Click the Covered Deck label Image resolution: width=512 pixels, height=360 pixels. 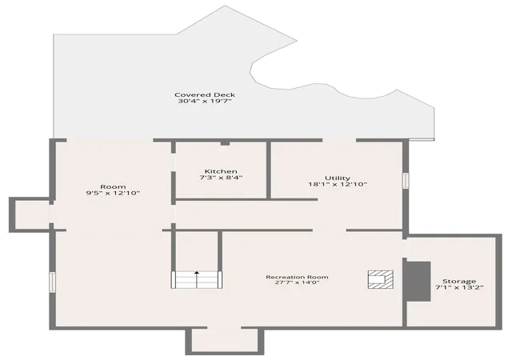pos(205,95)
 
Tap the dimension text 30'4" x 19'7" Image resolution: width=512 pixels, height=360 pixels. pos(205,102)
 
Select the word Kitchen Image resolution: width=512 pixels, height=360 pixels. pos(221,171)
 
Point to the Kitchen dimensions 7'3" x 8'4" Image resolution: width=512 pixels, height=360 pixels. pos(221,178)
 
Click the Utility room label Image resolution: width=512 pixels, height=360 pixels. pos(338,178)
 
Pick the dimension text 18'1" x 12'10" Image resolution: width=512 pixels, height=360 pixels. pos(338,184)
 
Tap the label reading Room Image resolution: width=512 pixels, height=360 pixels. pos(113,187)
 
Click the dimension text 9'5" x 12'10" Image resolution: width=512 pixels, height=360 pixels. pos(113,193)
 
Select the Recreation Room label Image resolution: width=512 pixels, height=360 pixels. pos(297,277)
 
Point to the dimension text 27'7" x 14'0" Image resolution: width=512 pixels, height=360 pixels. pos(297,282)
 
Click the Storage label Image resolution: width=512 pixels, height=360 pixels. pos(459,282)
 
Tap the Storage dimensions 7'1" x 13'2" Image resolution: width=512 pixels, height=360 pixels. pos(459,287)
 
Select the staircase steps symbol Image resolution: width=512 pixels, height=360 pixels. pos(197,280)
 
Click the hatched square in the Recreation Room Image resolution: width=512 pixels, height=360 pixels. pos(381,280)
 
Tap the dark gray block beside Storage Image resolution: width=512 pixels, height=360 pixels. pos(418,282)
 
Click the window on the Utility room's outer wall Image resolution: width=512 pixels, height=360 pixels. pos(406,180)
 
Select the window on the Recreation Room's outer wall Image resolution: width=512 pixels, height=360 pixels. pos(52,282)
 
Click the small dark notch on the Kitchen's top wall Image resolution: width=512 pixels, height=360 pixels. pos(226,142)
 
